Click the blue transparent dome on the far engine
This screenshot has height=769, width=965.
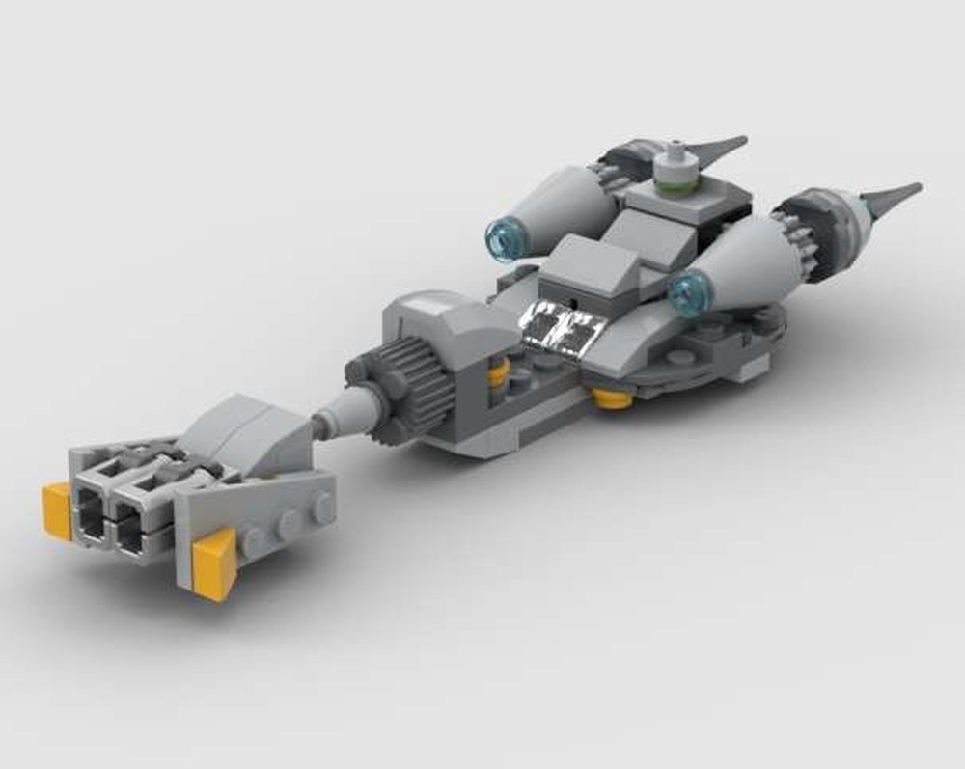pos(503,237)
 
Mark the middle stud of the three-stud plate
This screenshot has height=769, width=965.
pos(288,524)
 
